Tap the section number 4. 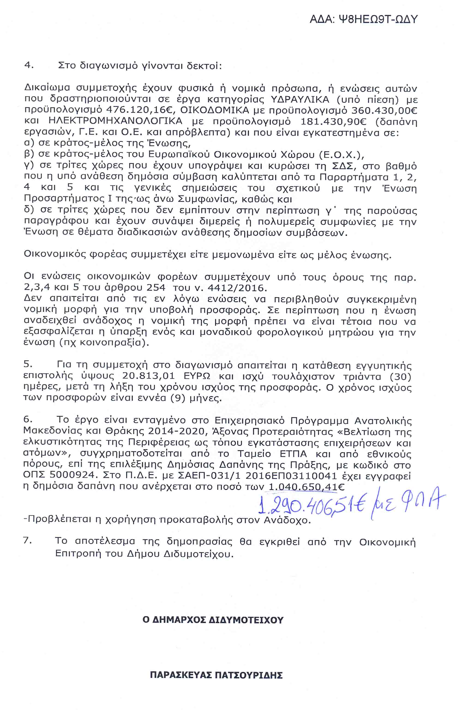(29, 65)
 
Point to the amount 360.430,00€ (384, 110)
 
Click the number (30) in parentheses (400, 376)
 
